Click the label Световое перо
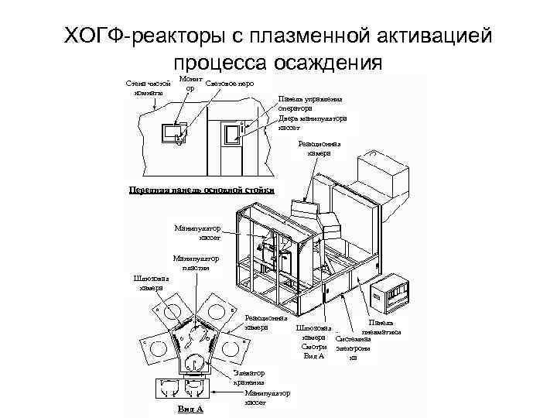coord(230,83)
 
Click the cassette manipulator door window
coord(233,135)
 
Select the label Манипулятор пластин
coord(196,263)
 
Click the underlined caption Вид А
coord(190,408)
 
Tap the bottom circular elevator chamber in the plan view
coord(194,360)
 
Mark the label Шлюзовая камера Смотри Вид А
coord(313,341)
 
